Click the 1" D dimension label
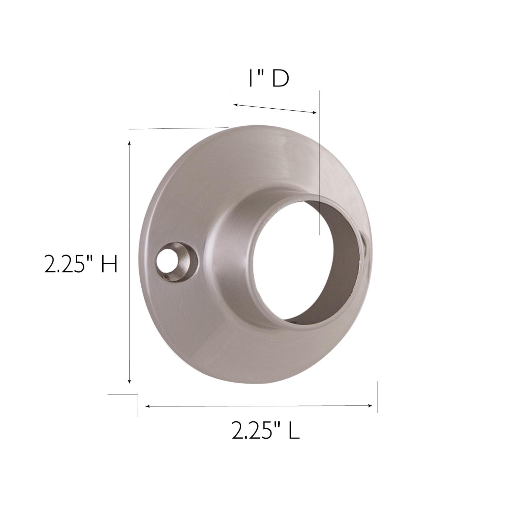(x=269, y=79)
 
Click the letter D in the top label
(x=280, y=79)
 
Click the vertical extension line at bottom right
(x=377, y=397)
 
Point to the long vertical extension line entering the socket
(x=319, y=164)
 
